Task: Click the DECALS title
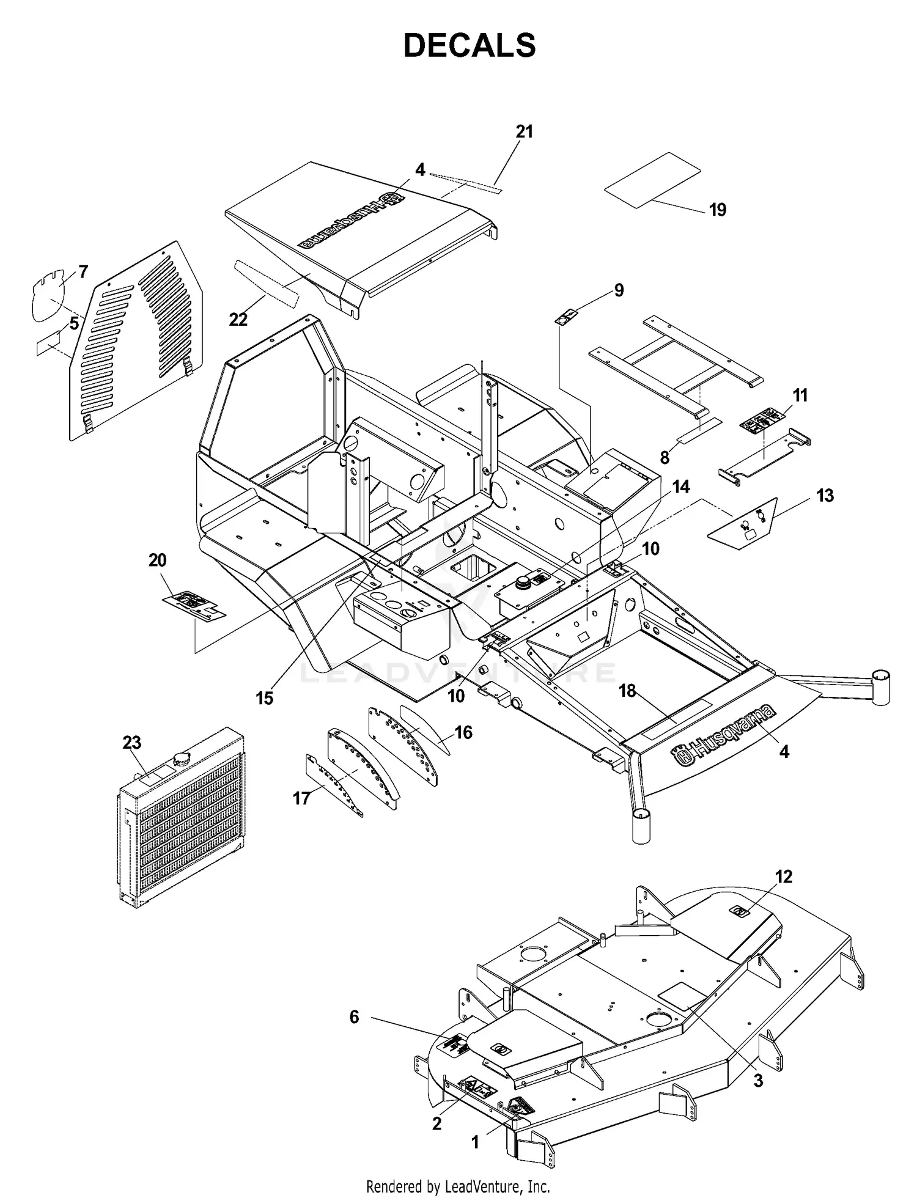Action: (470, 46)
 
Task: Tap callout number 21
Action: (524, 131)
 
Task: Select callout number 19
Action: (718, 210)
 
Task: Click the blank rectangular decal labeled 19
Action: (652, 180)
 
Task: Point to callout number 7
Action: (83, 271)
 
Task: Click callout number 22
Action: (238, 319)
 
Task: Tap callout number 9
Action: (619, 290)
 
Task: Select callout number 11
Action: (800, 395)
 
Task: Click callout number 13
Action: (825, 495)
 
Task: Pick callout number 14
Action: (681, 487)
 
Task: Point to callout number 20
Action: (157, 560)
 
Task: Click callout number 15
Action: (264, 698)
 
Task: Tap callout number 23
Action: (131, 742)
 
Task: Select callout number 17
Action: (301, 798)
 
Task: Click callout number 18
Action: (627, 691)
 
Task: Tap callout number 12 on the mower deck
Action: (783, 876)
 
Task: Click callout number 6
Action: (354, 1017)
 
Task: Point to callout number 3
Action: (758, 1081)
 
